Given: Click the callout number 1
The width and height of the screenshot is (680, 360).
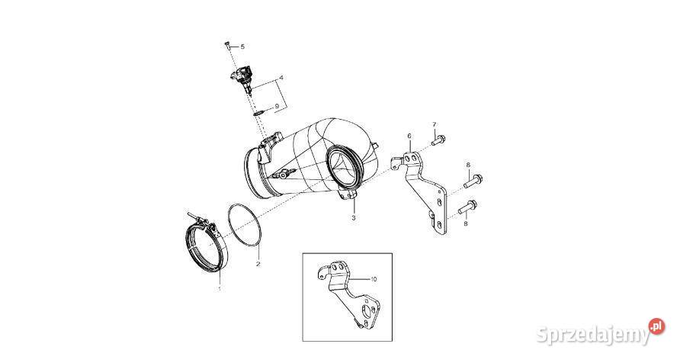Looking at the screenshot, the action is [x=220, y=288].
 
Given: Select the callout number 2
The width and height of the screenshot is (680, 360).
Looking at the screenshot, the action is [x=258, y=264].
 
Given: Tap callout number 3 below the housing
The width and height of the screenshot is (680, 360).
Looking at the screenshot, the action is [x=354, y=217].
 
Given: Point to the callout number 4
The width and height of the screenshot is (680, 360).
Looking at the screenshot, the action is [x=281, y=78].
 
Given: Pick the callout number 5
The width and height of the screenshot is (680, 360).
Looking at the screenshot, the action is [x=242, y=46].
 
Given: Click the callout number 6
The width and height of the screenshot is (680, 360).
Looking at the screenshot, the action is [x=409, y=137].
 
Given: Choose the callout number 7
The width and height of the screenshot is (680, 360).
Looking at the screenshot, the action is [x=434, y=125].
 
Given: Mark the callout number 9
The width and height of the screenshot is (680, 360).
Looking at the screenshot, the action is [x=276, y=106].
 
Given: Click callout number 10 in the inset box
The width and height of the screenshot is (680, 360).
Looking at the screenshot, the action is [x=374, y=279].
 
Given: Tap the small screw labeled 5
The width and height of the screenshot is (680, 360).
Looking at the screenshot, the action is [x=227, y=45].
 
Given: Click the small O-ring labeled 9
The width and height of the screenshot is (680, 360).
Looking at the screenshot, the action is [x=258, y=113].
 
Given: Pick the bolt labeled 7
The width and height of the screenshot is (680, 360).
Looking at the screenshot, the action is [x=438, y=140].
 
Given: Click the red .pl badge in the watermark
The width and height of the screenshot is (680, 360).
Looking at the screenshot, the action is [x=656, y=326].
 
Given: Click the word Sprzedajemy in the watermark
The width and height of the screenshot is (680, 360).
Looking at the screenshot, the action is [x=593, y=334].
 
